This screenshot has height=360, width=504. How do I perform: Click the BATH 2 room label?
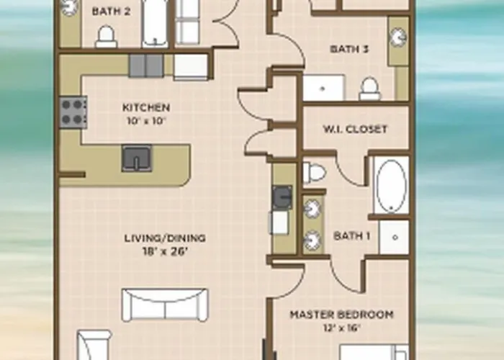pyautogui.click(x=111, y=12)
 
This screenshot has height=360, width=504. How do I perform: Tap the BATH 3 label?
pyautogui.click(x=349, y=49)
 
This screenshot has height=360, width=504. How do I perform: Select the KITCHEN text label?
pyautogui.click(x=146, y=107)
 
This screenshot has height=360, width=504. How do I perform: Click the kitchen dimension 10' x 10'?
pyautogui.click(x=146, y=121)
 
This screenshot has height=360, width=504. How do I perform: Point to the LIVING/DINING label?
pyautogui.click(x=165, y=238)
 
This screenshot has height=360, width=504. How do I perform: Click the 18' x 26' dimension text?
pyautogui.click(x=165, y=251)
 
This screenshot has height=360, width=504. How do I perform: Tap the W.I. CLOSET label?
pyautogui.click(x=355, y=129)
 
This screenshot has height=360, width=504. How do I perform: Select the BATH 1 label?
pyautogui.click(x=352, y=235)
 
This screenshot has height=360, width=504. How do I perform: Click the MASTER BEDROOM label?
pyautogui.click(x=342, y=315)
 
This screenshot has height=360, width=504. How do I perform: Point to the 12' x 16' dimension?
pyautogui.click(x=342, y=328)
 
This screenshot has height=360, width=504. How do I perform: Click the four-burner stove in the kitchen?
pyautogui.click(x=73, y=112)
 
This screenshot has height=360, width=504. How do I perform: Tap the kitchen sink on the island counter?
pyautogui.click(x=137, y=158)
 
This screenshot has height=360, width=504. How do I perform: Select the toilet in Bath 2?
pyautogui.click(x=106, y=36)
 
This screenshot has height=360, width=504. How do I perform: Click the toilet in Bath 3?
pyautogui.click(x=369, y=89)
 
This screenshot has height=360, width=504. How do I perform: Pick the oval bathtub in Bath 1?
pyautogui.click(x=392, y=186)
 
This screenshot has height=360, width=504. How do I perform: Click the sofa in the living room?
pyautogui.click(x=165, y=305)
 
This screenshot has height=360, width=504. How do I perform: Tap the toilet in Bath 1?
pyautogui.click(x=315, y=173)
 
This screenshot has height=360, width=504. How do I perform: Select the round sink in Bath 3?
pyautogui.click(x=398, y=37)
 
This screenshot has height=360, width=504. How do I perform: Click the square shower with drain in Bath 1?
pyautogui.click(x=394, y=237)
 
